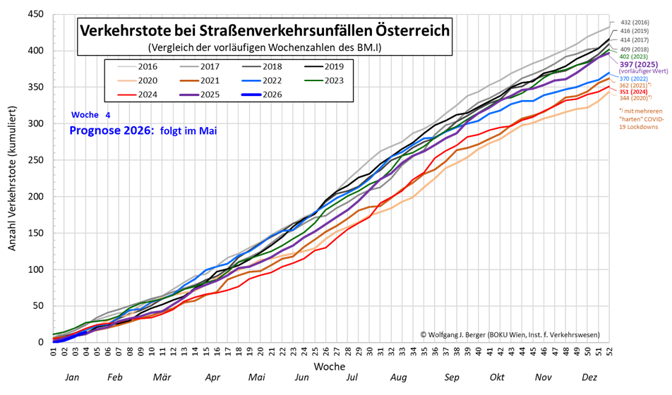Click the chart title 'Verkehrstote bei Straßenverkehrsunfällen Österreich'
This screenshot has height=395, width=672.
[264, 31]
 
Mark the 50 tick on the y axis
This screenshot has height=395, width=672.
[37, 305]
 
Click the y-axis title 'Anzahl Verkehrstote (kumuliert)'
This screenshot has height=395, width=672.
[12, 179]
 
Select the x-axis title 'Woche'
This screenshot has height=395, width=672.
[330, 367]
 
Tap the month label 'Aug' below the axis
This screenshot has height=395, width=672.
[399, 378]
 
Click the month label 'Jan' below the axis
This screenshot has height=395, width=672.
[72, 378]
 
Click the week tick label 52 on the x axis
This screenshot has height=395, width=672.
[608, 351]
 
